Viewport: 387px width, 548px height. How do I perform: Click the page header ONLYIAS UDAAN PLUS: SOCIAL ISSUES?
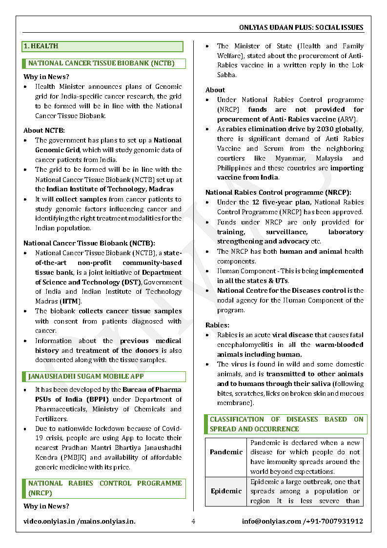[301, 27]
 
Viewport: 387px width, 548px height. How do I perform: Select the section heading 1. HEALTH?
[41, 46]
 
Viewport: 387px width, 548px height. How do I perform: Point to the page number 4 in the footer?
[193, 521]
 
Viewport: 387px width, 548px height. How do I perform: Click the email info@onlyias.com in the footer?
[271, 521]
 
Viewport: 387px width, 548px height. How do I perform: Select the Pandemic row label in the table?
[226, 452]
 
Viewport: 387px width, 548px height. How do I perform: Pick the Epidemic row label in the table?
[226, 491]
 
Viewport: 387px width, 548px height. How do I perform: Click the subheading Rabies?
[217, 325]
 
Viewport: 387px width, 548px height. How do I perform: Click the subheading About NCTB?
[44, 130]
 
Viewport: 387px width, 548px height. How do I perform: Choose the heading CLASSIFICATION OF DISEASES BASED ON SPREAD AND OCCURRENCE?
[286, 424]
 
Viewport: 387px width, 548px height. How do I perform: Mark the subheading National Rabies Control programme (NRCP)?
[278, 192]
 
